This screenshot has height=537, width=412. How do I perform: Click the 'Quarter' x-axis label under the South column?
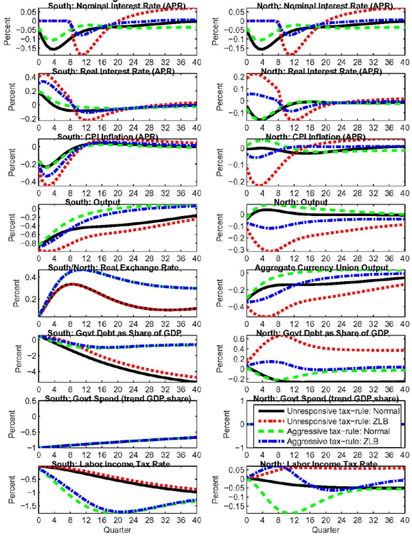pos(114,531)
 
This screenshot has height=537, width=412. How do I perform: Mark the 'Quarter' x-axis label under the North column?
pos(313,531)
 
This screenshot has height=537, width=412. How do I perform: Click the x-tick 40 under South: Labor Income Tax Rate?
pos(194,523)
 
